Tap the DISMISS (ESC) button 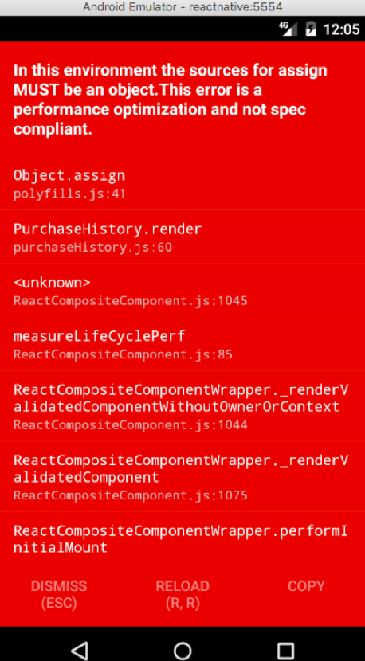59,595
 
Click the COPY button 306,586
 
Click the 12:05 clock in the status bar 341,29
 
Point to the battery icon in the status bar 311,29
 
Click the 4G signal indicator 288,29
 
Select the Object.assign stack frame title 69,175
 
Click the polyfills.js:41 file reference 69,194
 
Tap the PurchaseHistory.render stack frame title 108,229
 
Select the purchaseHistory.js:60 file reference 92,248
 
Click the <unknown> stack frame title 52,283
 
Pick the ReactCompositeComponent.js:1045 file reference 131,301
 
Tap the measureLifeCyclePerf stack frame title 99,336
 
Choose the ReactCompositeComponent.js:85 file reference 123,354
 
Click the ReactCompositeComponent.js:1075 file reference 131,495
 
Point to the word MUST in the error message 37,90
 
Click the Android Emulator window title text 182,7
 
